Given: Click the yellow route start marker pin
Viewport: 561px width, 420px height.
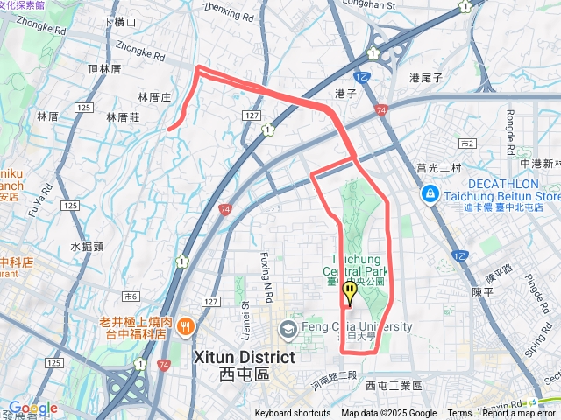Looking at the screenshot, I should click(x=350, y=291).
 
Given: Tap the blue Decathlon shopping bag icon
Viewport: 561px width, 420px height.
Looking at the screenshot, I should click(x=430, y=193).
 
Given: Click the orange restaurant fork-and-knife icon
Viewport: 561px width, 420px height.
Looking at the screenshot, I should click(x=186, y=327).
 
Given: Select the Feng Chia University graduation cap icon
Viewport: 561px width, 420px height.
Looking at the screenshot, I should click(x=288, y=329).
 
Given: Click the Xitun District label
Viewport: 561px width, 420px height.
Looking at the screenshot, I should click(x=243, y=358).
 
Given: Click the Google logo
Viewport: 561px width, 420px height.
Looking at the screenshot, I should click(x=32, y=409).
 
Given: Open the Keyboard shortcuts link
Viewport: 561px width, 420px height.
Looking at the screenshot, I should click(x=293, y=414).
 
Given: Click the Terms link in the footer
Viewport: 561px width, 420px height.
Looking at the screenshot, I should click(x=459, y=414).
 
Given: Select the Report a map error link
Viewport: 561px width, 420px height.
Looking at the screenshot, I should click(x=518, y=414).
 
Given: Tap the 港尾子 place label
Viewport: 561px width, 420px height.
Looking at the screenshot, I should click(x=427, y=78).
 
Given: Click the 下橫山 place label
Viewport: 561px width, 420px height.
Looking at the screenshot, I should click(x=120, y=22).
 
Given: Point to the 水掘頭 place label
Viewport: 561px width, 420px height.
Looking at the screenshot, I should click(x=88, y=248).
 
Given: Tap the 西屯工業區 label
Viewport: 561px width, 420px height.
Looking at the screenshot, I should click(x=394, y=386).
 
